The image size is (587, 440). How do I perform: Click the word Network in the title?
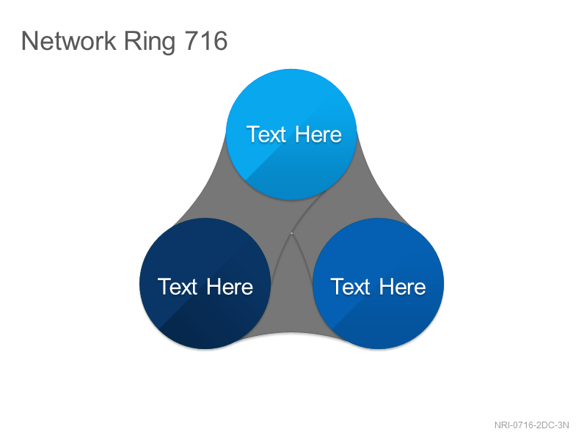pos(68,40)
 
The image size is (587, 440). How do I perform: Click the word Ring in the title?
pos(150,43)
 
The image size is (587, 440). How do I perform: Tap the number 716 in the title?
pos(206,40)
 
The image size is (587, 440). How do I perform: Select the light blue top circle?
pos(291,134)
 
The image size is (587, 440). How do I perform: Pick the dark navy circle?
pos(205,283)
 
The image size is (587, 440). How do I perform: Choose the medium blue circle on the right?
pos(378,283)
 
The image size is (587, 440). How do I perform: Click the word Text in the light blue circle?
pos(266,134)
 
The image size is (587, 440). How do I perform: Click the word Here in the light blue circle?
pos(318,134)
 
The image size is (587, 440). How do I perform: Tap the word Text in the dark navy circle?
pos(178,287)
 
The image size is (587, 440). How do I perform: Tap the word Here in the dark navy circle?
pos(230,287)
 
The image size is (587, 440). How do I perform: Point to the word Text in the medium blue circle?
pos(351,287)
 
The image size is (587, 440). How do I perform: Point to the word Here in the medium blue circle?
pos(402,287)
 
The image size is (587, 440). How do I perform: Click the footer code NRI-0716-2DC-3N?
pos(531,425)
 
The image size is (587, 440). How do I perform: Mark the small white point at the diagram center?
pos(291,233)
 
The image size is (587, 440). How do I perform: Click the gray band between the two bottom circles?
pos(291,299)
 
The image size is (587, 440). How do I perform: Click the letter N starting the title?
pos(30,40)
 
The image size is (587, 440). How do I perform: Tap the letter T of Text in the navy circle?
pos(165,287)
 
